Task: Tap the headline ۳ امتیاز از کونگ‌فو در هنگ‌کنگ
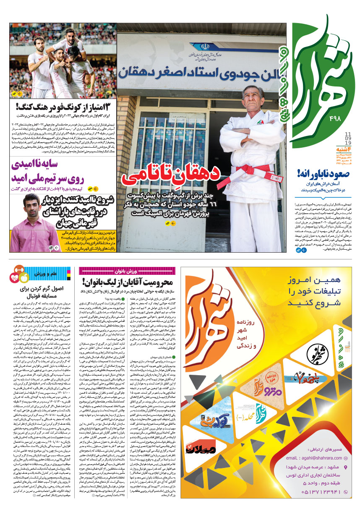[63, 107]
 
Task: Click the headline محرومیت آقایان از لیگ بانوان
[130, 281]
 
